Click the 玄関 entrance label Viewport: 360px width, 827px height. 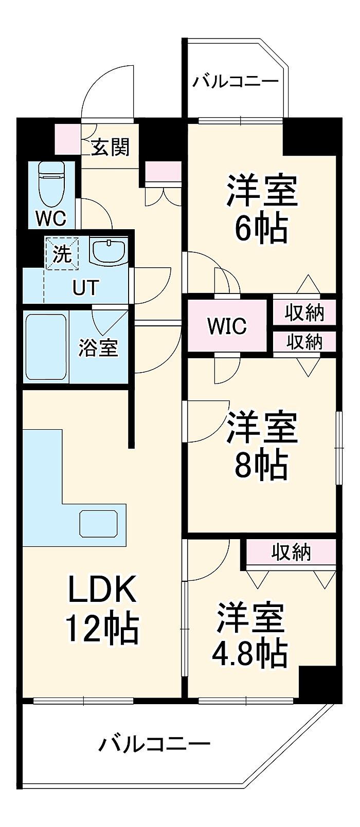pyautogui.click(x=110, y=148)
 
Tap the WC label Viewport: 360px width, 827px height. pyautogui.click(x=50, y=218)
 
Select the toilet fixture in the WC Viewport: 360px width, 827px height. pyautogui.click(x=51, y=184)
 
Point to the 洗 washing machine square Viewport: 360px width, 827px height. pyautogui.click(x=62, y=253)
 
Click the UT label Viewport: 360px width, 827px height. pyautogui.click(x=85, y=288)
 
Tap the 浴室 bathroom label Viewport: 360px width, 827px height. pyautogui.click(x=98, y=348)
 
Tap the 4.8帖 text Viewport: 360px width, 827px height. pyautogui.click(x=249, y=653)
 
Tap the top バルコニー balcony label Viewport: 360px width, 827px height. pyautogui.click(x=236, y=82)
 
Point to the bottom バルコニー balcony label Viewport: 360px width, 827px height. pyautogui.click(x=155, y=744)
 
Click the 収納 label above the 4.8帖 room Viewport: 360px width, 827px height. pyautogui.click(x=291, y=552)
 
